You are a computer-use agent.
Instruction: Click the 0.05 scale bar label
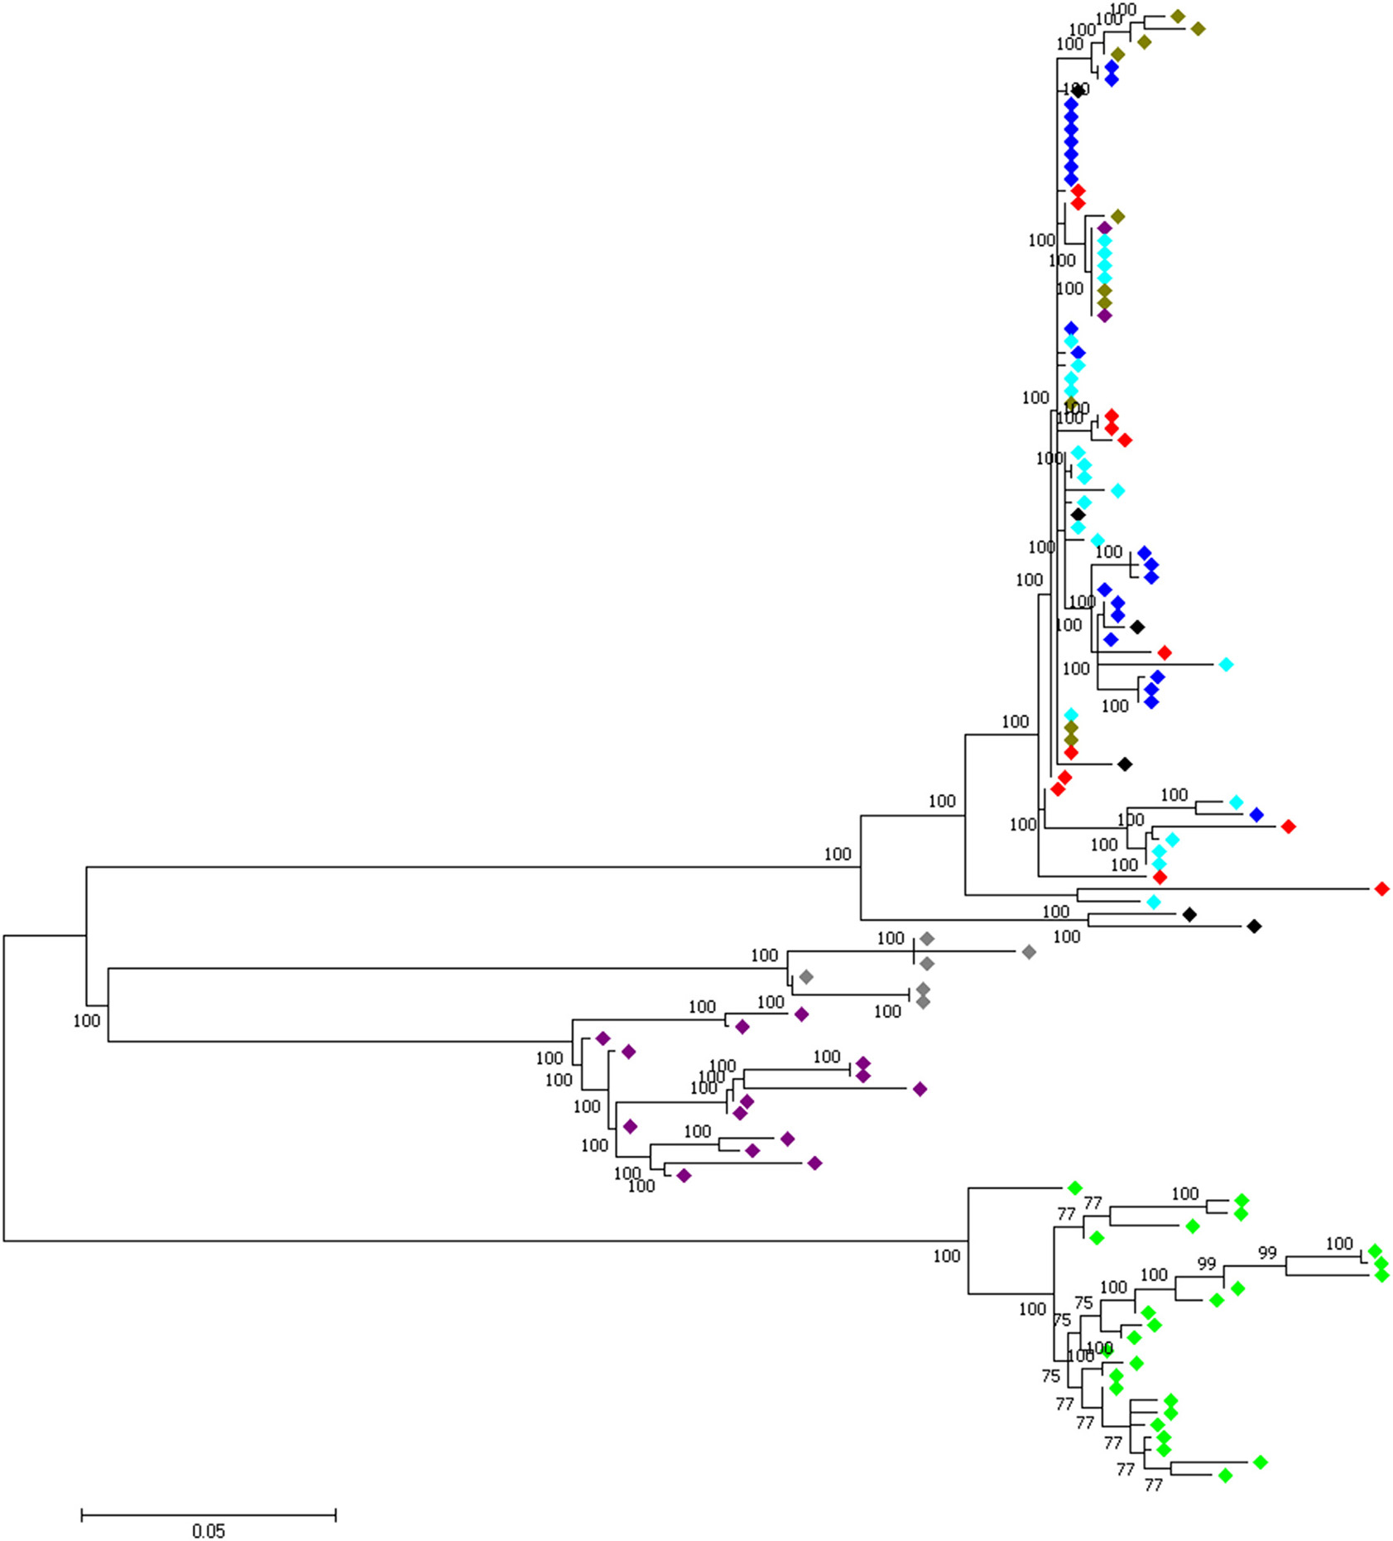point(209,1530)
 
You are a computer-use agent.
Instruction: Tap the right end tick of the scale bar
point(335,1515)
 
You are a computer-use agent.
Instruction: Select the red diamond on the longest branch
point(1381,888)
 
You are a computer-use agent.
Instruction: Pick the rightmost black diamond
point(1254,926)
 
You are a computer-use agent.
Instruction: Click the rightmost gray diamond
point(1029,952)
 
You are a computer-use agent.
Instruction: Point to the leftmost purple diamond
point(603,1038)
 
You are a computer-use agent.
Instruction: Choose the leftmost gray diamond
point(806,977)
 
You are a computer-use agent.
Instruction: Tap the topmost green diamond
point(1074,1188)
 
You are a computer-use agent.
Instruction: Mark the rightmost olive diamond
point(1198,29)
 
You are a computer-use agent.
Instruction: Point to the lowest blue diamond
point(1256,815)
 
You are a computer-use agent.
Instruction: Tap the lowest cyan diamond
point(1154,902)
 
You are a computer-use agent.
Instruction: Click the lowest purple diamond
point(684,1175)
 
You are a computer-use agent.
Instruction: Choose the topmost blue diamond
point(1112,66)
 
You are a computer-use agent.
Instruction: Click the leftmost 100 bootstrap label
point(86,1020)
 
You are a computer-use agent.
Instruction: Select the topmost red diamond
point(1078,190)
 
